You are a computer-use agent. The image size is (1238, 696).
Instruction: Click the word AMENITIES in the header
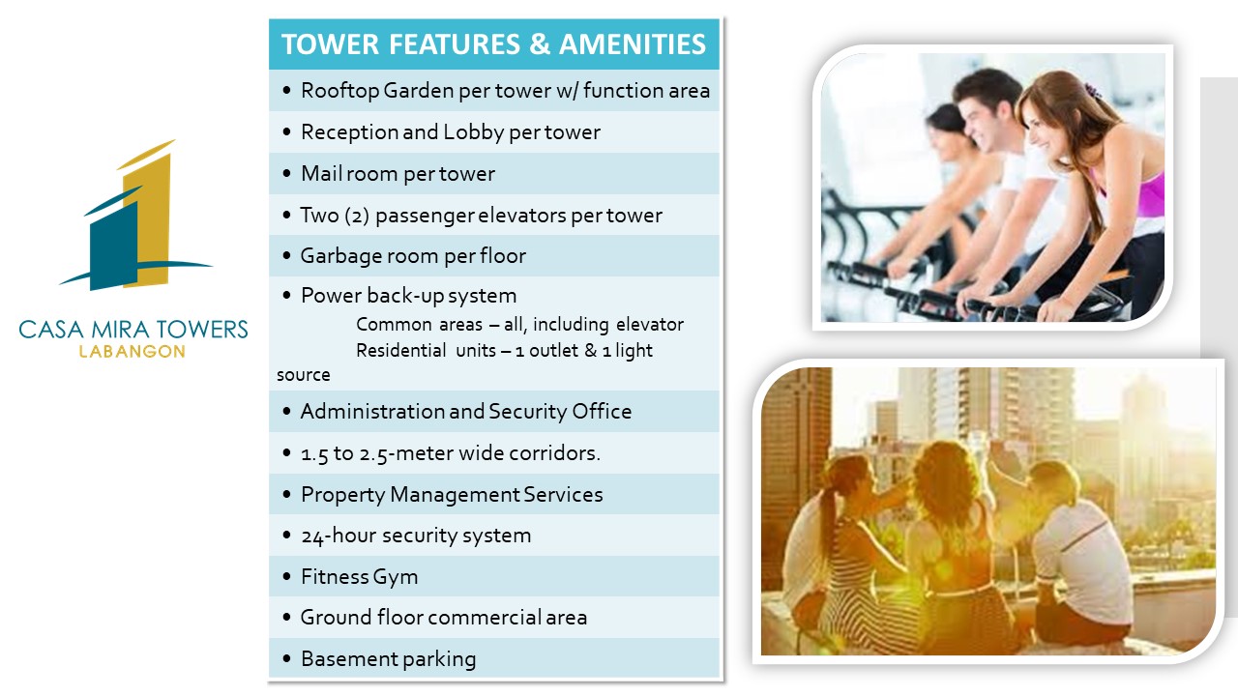(x=633, y=44)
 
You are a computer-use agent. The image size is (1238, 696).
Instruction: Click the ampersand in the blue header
(x=540, y=44)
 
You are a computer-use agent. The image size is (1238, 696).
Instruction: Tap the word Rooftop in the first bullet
(x=339, y=91)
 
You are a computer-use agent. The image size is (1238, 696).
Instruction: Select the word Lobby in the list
(x=473, y=132)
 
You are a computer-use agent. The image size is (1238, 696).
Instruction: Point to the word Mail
(x=320, y=173)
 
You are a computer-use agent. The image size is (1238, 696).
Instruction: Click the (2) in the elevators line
(x=357, y=216)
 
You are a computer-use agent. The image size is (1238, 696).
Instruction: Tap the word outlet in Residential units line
(x=554, y=350)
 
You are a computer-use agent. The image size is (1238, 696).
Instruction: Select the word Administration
(x=371, y=412)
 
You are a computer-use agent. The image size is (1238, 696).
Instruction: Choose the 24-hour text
(x=339, y=536)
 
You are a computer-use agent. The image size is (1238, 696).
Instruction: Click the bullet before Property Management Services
(x=286, y=494)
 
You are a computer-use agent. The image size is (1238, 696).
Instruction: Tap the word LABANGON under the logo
(x=133, y=351)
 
